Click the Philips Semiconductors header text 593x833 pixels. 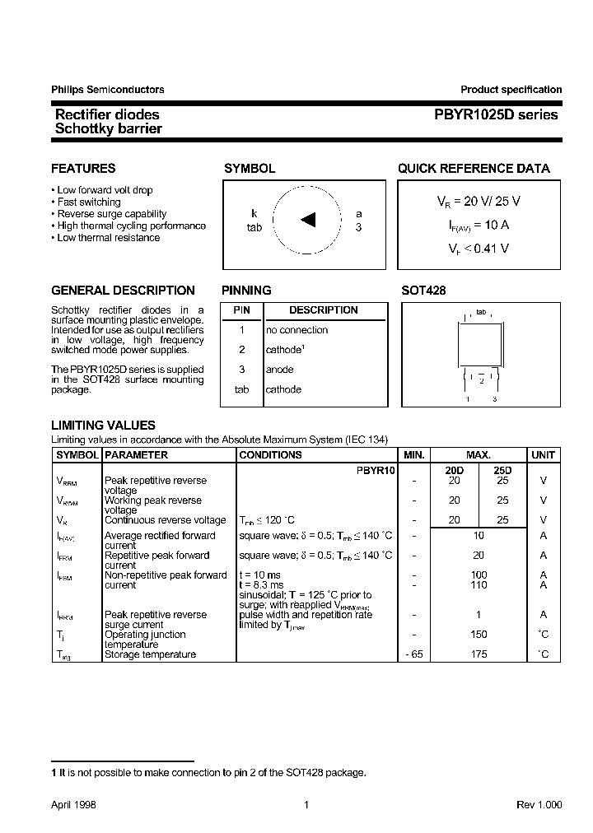tap(107, 90)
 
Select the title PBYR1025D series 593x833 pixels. tap(492, 115)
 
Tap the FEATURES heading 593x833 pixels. tap(83, 169)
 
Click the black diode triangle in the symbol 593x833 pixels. tap(308, 219)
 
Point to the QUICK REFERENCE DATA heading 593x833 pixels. tap(474, 169)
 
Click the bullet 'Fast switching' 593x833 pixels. tap(89, 202)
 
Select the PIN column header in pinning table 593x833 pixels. tap(241, 310)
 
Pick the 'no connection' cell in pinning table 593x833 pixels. tap(296, 330)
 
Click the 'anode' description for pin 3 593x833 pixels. tap(279, 370)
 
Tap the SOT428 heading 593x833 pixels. tap(423, 291)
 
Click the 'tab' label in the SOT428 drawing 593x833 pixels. tap(481, 313)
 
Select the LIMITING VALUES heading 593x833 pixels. tap(103, 426)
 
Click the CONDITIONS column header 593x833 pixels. tap(270, 454)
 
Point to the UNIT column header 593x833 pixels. tap(543, 454)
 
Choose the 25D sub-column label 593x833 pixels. tap(502, 469)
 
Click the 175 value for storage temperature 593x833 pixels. tap(479, 654)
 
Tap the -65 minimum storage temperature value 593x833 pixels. tap(414, 654)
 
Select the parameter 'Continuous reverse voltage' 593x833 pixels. tap(165, 520)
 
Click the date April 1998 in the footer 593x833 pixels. tap(73, 805)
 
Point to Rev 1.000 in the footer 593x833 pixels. tap(539, 805)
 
